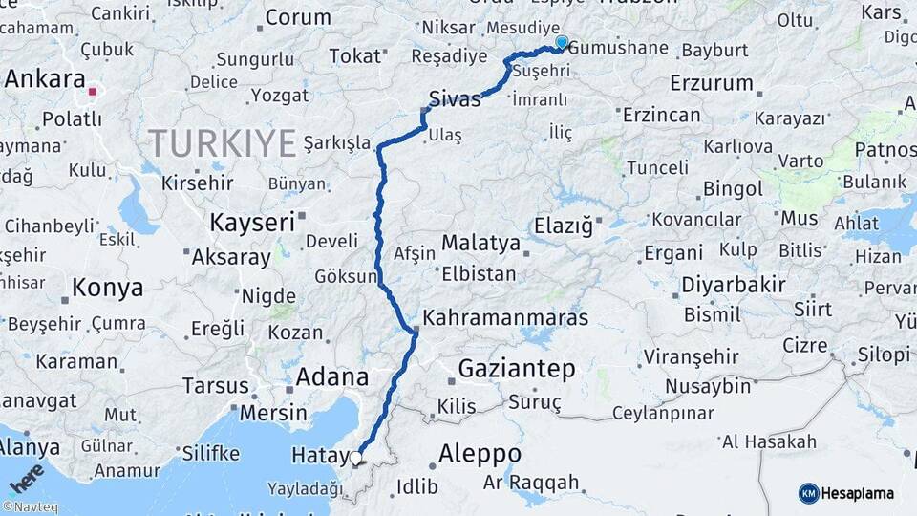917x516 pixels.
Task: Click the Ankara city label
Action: click(45, 79)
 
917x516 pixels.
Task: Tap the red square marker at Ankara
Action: click(93, 93)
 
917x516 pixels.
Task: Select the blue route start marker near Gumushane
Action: click(562, 43)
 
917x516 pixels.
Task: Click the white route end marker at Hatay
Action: click(356, 458)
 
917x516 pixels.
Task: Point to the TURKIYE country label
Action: click(222, 144)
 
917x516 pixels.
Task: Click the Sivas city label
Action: click(454, 99)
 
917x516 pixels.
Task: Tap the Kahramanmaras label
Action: click(505, 317)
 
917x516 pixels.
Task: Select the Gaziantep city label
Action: click(517, 368)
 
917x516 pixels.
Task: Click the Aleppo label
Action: click(480, 453)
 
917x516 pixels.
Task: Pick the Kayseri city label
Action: click(252, 223)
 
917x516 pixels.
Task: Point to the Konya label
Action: click(108, 288)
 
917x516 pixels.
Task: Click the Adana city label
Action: click(331, 376)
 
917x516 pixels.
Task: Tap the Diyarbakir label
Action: click(734, 284)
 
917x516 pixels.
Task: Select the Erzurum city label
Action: click(712, 83)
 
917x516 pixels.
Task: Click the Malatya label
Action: click(480, 243)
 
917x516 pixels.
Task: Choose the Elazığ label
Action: click(564, 227)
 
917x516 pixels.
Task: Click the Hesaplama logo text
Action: click(858, 493)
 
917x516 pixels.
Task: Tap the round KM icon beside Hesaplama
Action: click(808, 493)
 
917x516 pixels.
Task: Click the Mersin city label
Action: click(273, 414)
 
